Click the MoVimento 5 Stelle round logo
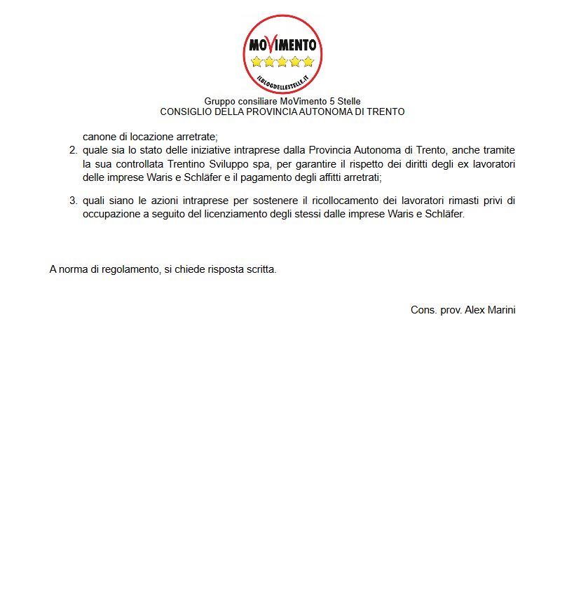(282, 55)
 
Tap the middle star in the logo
(282, 62)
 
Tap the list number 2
(73, 150)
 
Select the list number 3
(73, 201)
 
